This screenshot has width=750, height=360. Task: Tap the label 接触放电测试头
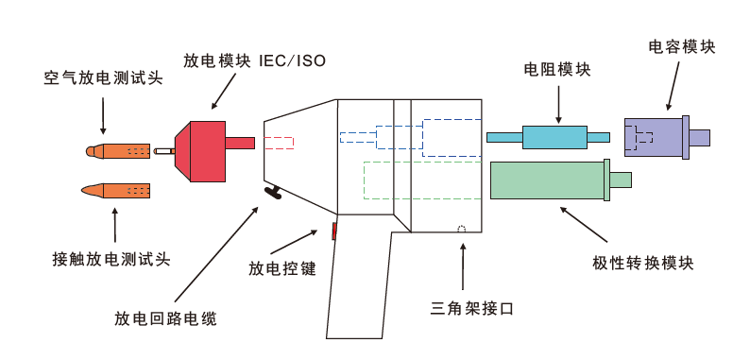tap(111, 259)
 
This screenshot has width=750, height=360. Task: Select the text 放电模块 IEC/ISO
tap(254, 61)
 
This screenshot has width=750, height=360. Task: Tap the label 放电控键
tap(281, 268)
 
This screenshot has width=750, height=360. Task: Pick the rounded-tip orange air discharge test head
tap(118, 151)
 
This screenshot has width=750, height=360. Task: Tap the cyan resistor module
tap(554, 138)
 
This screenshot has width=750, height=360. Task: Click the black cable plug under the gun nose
tap(274, 194)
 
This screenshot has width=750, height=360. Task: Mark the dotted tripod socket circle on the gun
tap(461, 230)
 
